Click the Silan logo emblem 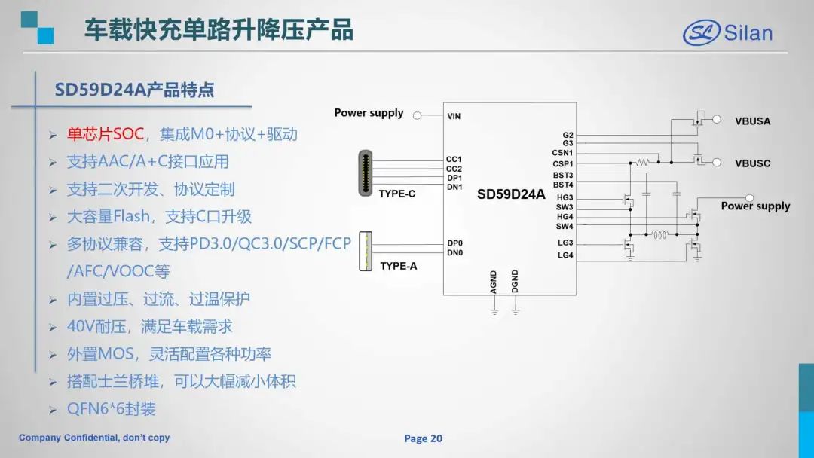pos(702,32)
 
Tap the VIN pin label pos(454,116)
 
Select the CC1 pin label pos(454,159)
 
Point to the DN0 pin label pos(454,252)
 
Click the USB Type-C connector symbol pos(366,173)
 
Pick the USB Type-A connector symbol pos(366,252)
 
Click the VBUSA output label pos(753,121)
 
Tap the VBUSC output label pos(753,163)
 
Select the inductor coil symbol pos(659,234)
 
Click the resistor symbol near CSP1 pos(643,163)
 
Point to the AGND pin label pos(493,282)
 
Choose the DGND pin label pos(515,282)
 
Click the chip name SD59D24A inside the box pos(511,194)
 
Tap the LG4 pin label pos(565,255)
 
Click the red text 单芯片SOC pos(106,134)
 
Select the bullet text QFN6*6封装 pos(111,409)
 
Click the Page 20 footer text pos(423,439)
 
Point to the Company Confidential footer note pos(94,438)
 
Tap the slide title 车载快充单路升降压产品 pos(219,29)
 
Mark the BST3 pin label pos(563,176)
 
